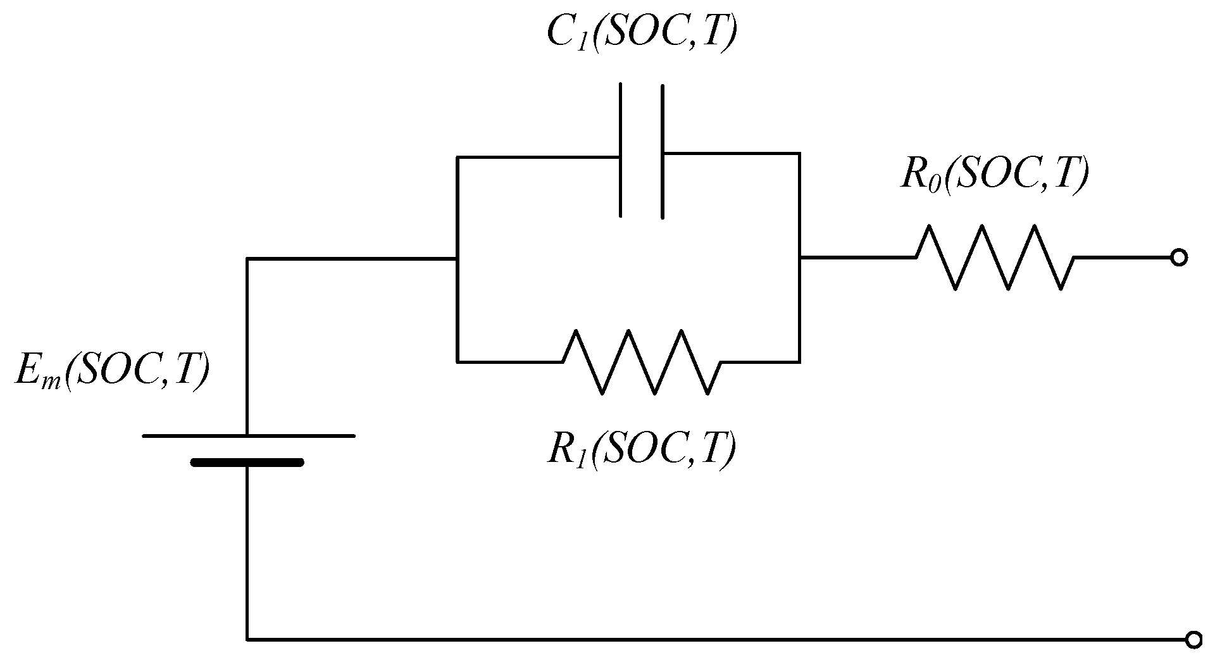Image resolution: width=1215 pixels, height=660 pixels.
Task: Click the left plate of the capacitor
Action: tap(621, 150)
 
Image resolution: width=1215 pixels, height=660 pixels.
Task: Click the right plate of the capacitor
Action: tap(662, 152)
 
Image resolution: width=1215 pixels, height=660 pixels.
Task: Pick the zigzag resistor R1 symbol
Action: tap(641, 362)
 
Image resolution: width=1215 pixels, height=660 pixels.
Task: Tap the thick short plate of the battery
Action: tap(247, 463)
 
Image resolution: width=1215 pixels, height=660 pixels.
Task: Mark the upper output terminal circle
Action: tap(1178, 258)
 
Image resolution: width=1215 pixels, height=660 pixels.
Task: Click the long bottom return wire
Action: tap(696, 640)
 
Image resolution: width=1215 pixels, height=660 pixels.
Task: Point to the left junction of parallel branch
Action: tap(456, 258)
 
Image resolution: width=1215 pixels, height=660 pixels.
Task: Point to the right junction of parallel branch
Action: tap(799, 258)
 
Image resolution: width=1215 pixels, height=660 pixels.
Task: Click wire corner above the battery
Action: tap(247, 258)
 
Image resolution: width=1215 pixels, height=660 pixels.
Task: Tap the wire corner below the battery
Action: tap(247, 640)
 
